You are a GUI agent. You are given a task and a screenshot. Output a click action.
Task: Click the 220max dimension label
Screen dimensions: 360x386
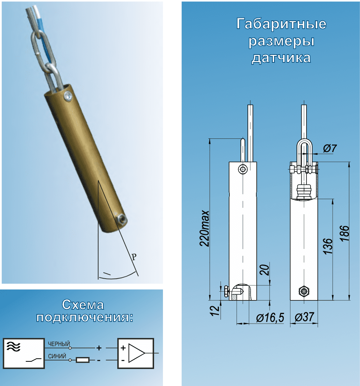[x=205, y=228]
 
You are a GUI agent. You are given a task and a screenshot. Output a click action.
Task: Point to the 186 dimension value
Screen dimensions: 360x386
[x=345, y=233]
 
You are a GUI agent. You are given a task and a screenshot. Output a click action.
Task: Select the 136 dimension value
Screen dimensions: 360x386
[x=328, y=246]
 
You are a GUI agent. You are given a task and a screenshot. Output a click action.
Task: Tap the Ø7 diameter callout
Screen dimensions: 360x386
[x=329, y=148]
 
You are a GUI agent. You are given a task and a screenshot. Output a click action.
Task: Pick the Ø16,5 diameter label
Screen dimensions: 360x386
[x=270, y=317]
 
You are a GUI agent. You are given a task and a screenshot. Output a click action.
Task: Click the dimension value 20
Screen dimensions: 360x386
[x=265, y=270]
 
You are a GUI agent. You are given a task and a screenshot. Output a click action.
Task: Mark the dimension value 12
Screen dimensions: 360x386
[x=215, y=311]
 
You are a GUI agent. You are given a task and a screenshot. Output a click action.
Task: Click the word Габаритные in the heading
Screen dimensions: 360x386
[x=281, y=24]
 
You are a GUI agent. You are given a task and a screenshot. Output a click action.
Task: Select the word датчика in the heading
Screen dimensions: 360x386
[x=281, y=58]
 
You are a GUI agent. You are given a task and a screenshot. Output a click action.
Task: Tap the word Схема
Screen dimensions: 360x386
[x=83, y=305]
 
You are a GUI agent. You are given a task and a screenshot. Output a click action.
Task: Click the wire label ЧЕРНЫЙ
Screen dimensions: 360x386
[x=59, y=344]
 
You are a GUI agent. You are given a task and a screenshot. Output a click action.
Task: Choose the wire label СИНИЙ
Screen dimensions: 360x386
[x=57, y=356]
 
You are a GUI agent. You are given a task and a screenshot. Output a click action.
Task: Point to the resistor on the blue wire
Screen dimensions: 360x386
[x=82, y=360]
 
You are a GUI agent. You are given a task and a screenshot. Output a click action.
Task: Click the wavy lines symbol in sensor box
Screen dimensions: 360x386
[x=13, y=346]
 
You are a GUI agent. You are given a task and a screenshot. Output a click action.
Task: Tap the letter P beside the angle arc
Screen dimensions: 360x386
[x=134, y=257]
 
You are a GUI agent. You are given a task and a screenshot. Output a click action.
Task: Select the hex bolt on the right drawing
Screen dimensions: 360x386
[x=304, y=292]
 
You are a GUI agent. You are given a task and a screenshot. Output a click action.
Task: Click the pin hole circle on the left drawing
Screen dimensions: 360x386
[x=243, y=169]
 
